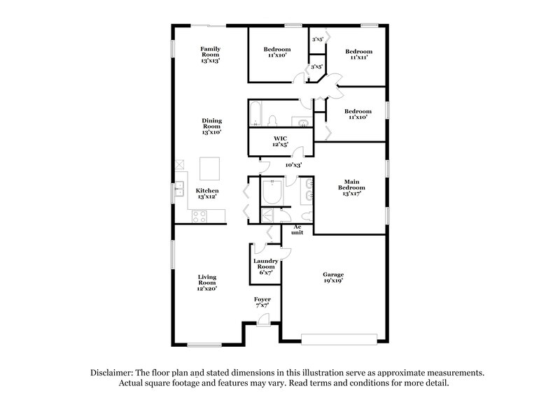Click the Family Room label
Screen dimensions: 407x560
click(210, 55)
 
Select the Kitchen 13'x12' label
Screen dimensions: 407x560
click(207, 194)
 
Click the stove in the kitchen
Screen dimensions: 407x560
click(199, 216)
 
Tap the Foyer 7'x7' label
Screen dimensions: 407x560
click(262, 303)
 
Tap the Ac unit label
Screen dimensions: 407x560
click(297, 229)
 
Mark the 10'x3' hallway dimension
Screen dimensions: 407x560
click(293, 165)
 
